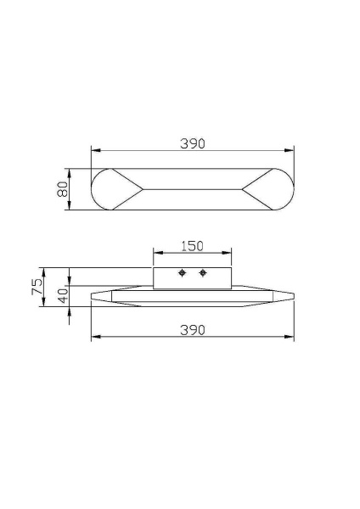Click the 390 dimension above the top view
click(193, 143)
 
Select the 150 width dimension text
click(193, 246)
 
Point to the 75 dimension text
click(37, 287)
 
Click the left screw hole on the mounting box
click(182, 272)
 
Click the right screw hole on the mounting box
click(202, 272)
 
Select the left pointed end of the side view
click(93, 296)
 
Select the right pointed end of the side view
click(292, 296)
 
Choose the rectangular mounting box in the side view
click(192, 277)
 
